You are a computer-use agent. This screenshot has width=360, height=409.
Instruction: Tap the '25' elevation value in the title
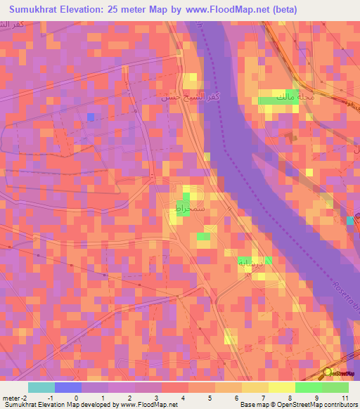[x=124, y=10]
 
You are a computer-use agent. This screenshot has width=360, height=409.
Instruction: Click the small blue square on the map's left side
[x=90, y=117]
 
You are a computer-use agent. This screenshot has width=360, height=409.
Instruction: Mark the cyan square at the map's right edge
[x=350, y=221]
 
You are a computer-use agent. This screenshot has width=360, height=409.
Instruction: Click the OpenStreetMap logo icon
[x=328, y=372]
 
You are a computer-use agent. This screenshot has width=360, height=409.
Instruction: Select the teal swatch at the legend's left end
[x=41, y=387]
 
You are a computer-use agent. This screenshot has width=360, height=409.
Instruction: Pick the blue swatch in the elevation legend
[x=68, y=387]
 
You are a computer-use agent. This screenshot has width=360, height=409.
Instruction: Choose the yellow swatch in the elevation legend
[x=282, y=387]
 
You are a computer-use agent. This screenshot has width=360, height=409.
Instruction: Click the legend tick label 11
[x=345, y=397]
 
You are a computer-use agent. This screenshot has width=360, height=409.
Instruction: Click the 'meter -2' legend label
[x=15, y=397]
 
